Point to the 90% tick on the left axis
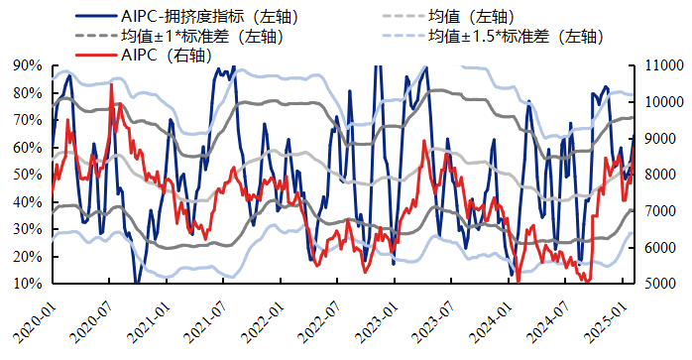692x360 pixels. coord(28,65)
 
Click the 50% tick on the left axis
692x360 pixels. coord(28,175)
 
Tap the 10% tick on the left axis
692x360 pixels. coord(28,284)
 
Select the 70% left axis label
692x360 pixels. coord(28,120)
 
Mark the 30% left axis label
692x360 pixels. coord(28,229)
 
